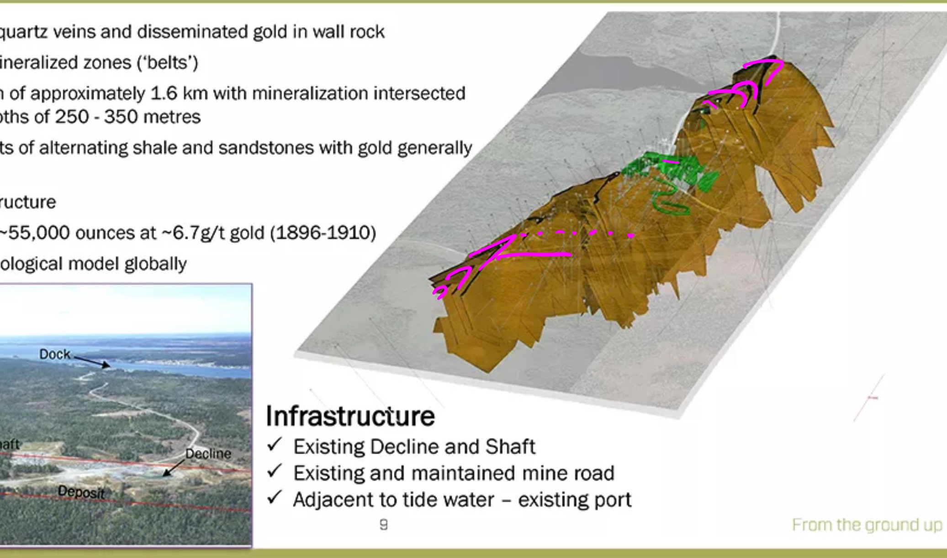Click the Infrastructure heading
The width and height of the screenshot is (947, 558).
350,416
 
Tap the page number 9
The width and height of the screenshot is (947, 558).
384,525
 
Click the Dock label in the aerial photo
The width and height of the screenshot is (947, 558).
55,354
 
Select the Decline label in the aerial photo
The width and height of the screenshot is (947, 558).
208,454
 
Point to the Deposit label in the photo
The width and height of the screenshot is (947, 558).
81,492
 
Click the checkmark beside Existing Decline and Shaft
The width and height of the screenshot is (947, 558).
275,444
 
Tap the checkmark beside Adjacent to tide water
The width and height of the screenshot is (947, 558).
275,497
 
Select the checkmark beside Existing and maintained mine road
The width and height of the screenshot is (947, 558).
275,471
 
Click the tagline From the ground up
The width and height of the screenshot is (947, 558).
867,525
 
